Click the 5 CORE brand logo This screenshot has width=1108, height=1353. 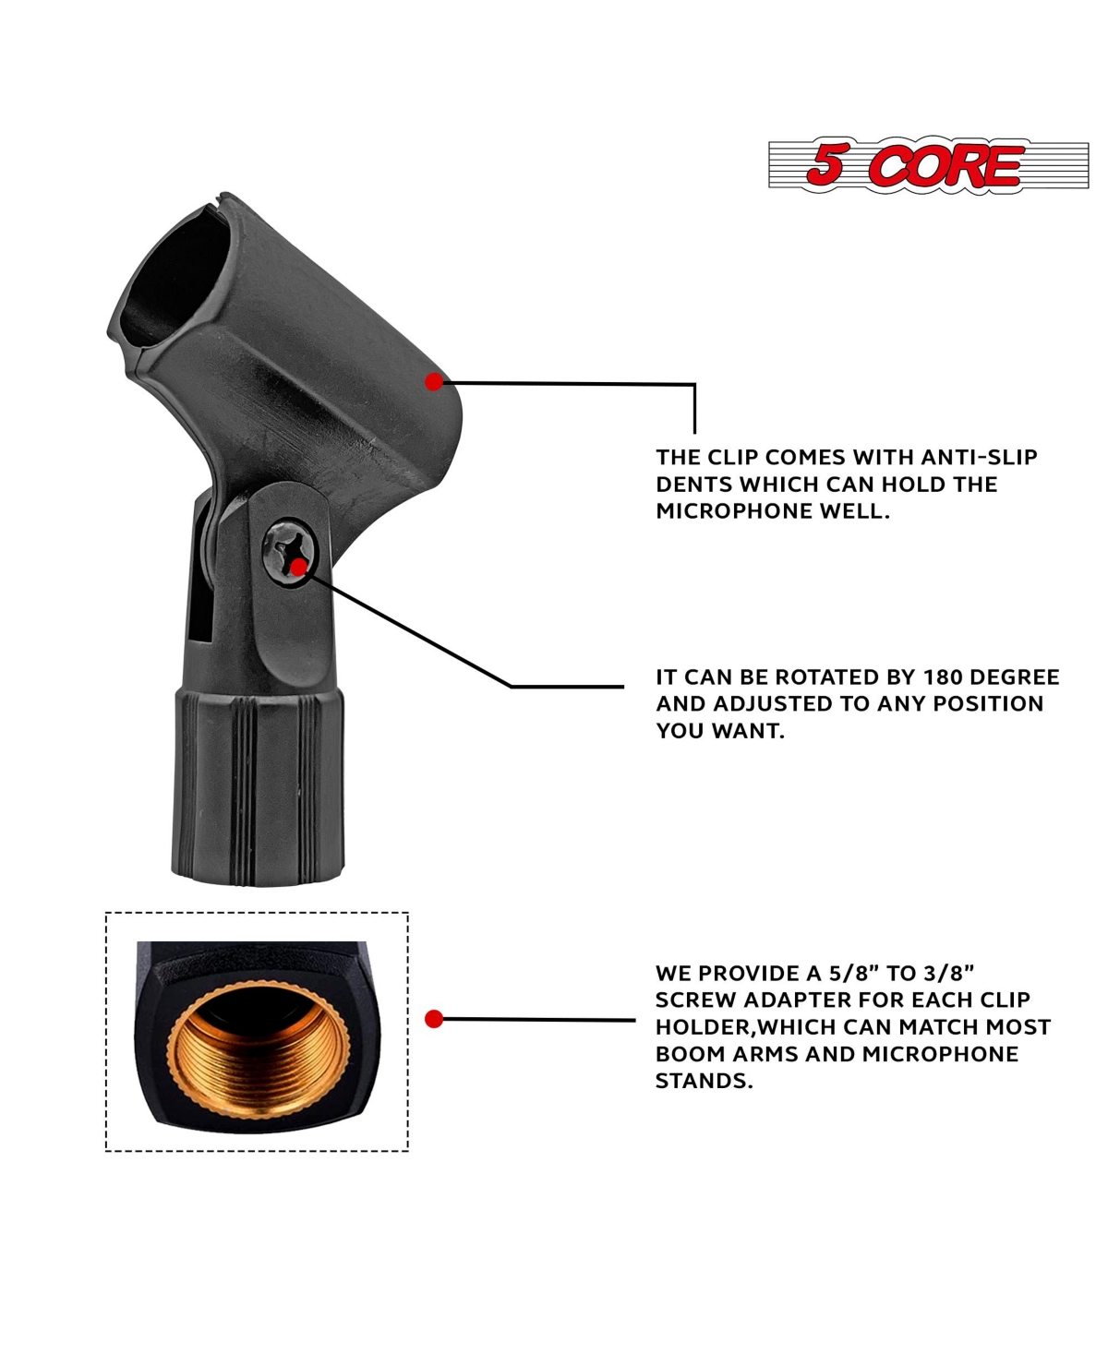[928, 165]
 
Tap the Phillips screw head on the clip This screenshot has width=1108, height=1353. [290, 552]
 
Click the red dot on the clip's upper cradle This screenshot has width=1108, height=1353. [434, 382]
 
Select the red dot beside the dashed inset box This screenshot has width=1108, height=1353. [434, 1018]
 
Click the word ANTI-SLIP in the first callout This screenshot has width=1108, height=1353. [980, 457]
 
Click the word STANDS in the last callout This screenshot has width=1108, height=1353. [704, 1081]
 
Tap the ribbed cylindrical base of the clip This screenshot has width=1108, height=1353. [258, 787]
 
